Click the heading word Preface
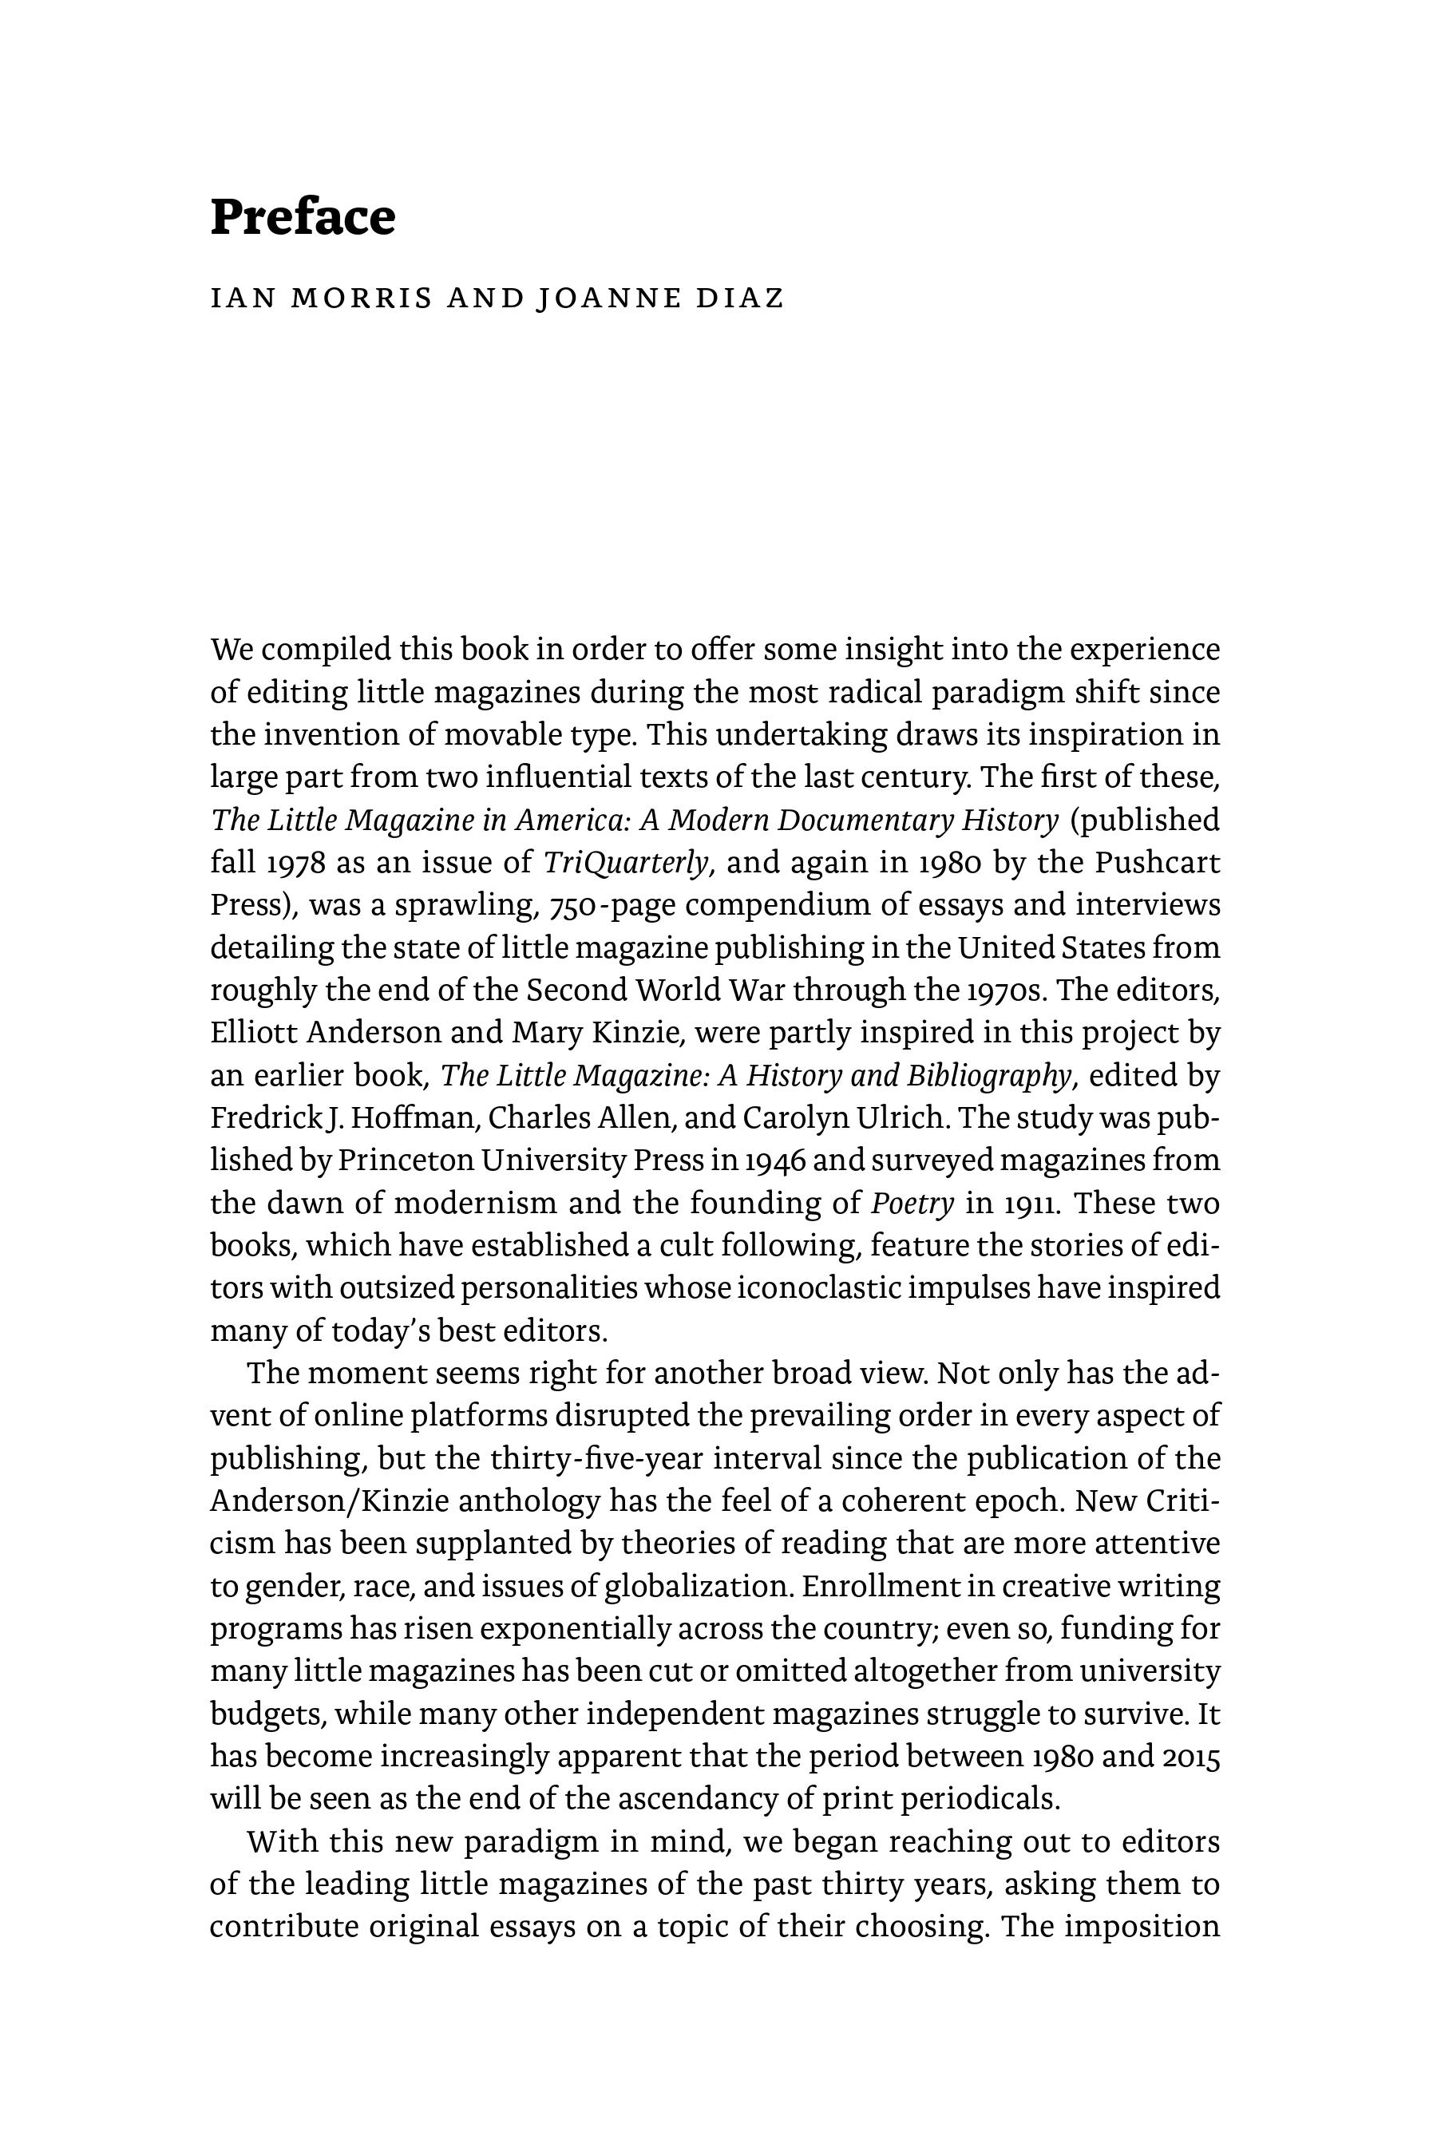point(303,218)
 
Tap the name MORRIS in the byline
point(360,299)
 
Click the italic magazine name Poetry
point(912,1203)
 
